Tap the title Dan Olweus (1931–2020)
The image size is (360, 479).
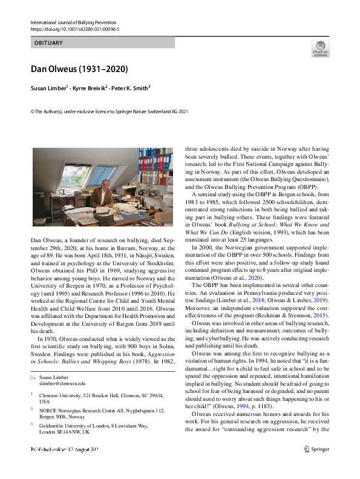pos(76,68)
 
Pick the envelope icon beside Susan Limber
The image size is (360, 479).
pos(33,377)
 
